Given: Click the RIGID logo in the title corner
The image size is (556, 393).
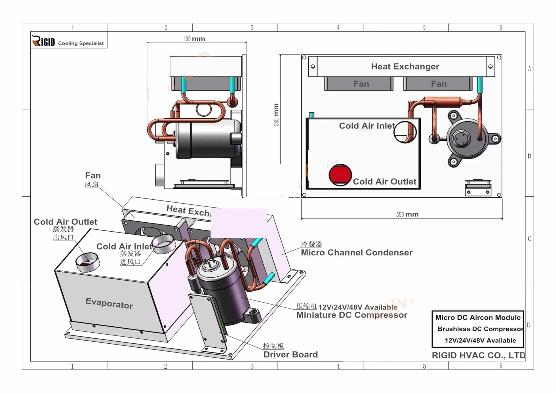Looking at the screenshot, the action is coord(43,41).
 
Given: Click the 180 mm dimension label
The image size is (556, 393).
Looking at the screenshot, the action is coord(194,39).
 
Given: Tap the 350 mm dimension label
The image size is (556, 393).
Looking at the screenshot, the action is coord(407,214).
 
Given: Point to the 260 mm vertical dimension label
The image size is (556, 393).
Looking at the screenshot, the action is coord(276,115).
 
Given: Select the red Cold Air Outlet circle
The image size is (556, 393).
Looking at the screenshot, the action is coord(340,175).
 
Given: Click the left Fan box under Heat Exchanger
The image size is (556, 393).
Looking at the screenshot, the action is coord(359,84).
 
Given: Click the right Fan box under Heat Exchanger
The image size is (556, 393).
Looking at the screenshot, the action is coord(438,84).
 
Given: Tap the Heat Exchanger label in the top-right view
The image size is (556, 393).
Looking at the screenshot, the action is coord(405,66).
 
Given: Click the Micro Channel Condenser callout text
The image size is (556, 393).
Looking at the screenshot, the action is coord(357,252).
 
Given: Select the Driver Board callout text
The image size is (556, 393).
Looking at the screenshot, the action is coord(290,354).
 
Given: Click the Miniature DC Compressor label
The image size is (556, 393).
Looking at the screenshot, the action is coord(352,315).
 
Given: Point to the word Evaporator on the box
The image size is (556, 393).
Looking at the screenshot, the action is coord(109,303).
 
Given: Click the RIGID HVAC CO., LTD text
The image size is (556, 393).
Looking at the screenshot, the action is coord(479,355).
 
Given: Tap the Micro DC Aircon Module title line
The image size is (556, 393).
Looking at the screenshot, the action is coord(478,318).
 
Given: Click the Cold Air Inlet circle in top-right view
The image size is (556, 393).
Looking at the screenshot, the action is coord(405,132).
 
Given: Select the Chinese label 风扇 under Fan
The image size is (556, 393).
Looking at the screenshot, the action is coord(92,185).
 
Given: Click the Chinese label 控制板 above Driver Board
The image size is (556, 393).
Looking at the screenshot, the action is coord(273,346).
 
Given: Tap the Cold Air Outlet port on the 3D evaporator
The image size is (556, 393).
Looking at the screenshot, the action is coord(88,262).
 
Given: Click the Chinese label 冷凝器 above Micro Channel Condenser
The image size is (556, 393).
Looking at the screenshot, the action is coord(311,244).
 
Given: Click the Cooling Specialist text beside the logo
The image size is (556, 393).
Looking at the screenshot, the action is coord(81,43).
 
